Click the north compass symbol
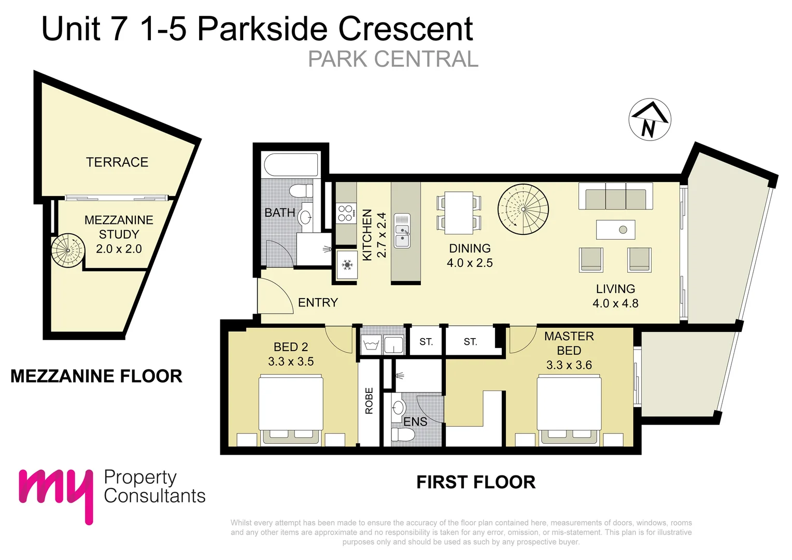(649, 119)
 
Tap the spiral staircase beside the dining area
(522, 209)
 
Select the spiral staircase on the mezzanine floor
(68, 251)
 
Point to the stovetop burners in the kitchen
(346, 213)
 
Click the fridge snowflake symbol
(347, 265)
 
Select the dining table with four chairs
(459, 213)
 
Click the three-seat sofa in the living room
(616, 196)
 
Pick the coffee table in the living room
(615, 230)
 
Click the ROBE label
(369, 401)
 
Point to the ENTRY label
(318, 302)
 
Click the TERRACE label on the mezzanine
(117, 162)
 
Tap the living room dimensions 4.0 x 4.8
(615, 303)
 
